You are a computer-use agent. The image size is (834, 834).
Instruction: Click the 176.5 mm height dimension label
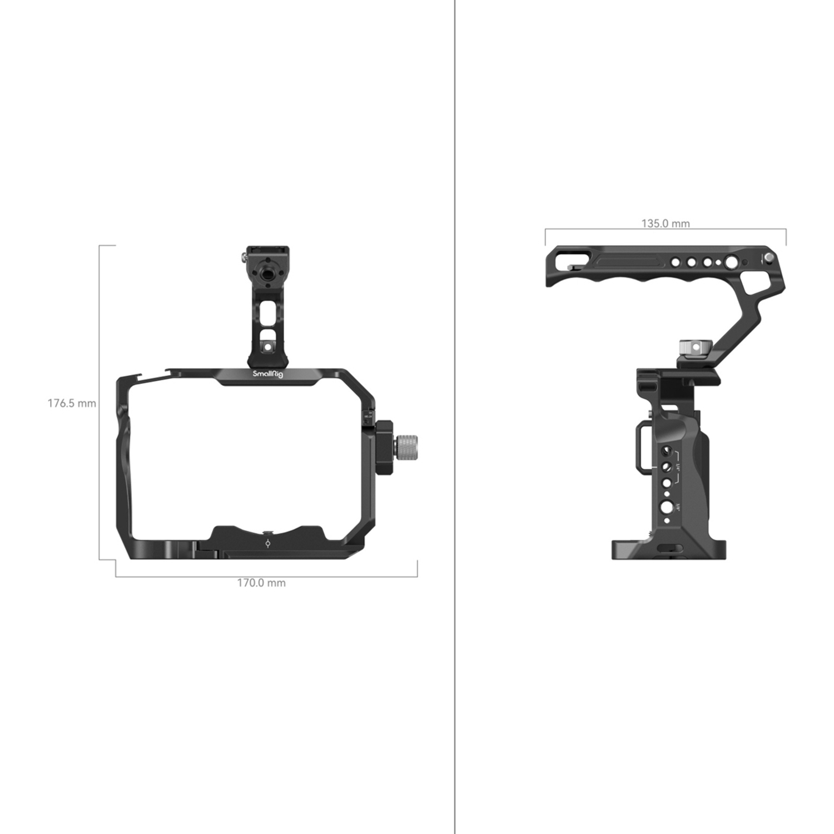[72, 403]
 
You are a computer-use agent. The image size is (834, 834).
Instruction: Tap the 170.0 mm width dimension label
[261, 583]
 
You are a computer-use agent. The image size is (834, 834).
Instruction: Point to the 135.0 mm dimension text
[666, 224]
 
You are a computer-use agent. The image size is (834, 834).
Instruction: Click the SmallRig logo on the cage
[268, 374]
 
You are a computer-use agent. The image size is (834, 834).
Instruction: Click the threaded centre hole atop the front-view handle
[267, 274]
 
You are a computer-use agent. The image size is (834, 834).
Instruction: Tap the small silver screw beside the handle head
[244, 257]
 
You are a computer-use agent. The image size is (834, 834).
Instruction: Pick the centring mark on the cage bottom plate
[268, 543]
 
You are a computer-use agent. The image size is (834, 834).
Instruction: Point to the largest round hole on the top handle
[732, 262]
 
